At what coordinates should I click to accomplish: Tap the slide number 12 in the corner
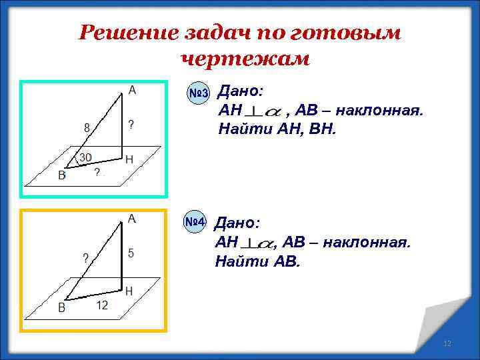click(447, 343)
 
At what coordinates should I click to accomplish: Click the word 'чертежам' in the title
click(245, 59)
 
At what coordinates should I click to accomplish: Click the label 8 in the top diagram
click(87, 127)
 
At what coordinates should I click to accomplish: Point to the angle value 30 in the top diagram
click(85, 157)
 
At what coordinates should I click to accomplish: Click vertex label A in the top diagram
click(132, 89)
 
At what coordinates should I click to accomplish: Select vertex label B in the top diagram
click(62, 176)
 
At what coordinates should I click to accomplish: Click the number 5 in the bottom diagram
click(131, 253)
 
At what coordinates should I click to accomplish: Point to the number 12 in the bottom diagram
click(102, 305)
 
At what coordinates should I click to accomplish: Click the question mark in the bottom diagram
click(86, 257)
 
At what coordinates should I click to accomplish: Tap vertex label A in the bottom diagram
click(132, 219)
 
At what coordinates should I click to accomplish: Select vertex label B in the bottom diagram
click(61, 307)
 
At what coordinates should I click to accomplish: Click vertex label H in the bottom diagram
click(129, 291)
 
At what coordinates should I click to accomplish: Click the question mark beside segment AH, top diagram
click(131, 124)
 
